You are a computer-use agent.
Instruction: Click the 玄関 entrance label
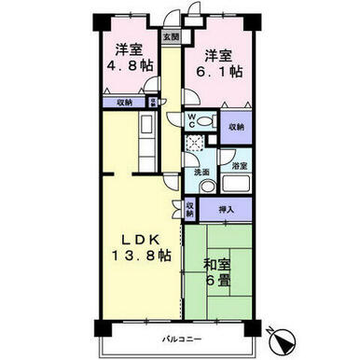point(171,37)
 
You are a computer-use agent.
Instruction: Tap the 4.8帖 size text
point(130,66)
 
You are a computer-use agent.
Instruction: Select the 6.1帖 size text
point(219,72)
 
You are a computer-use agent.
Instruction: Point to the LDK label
point(141,240)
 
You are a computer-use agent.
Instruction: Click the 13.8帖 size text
point(141,256)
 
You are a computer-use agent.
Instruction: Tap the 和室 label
point(217,265)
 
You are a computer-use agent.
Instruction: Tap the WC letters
point(191,121)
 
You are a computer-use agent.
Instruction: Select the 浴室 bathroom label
point(240,166)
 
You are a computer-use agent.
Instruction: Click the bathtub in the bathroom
point(236,185)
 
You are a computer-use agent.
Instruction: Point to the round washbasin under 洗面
point(208,187)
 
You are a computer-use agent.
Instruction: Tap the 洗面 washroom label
point(201,173)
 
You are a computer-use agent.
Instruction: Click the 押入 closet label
point(226,210)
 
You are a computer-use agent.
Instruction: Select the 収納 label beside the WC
point(236,127)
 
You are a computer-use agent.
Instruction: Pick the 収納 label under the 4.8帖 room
point(124,103)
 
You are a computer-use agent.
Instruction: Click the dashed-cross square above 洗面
point(194,143)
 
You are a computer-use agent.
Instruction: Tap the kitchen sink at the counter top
point(146,124)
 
